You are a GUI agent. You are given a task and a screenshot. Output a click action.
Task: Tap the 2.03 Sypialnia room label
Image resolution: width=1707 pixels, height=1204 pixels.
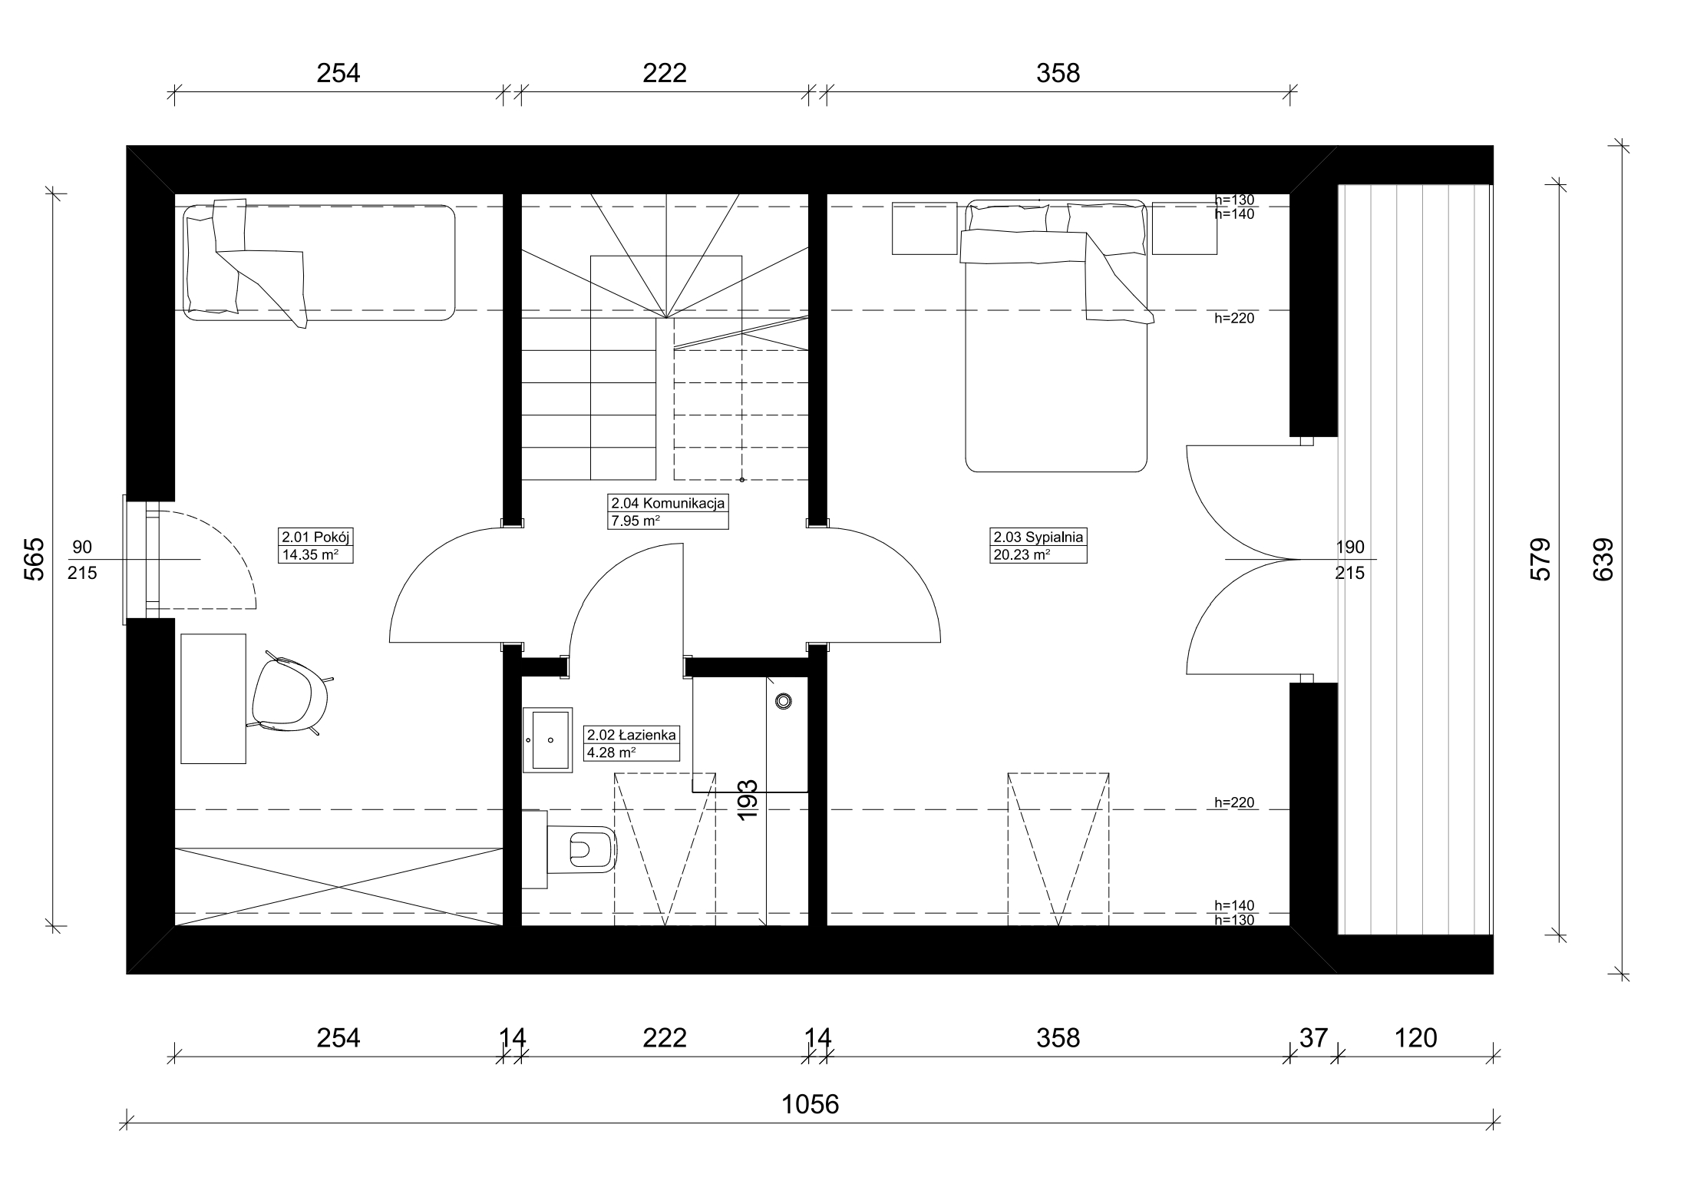1038,537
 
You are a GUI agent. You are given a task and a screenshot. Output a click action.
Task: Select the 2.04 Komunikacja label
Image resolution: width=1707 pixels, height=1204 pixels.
668,504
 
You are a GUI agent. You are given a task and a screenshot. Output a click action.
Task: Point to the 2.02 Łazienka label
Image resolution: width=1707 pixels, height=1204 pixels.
632,735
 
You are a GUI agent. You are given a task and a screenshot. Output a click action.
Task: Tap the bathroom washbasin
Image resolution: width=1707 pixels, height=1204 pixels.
547,739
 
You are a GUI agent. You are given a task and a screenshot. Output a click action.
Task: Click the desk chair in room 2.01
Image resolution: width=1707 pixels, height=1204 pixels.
291,694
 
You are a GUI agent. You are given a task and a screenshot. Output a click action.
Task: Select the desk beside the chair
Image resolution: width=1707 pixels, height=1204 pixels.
213,699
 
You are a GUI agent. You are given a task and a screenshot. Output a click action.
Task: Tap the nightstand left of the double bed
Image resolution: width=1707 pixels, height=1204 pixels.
924,228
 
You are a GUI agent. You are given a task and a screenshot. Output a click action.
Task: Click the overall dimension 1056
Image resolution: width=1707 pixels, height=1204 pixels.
811,1104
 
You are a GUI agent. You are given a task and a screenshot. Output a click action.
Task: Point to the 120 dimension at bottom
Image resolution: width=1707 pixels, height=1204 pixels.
1415,1038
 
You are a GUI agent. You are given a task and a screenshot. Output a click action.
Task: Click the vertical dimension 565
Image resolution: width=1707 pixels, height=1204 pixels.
35,559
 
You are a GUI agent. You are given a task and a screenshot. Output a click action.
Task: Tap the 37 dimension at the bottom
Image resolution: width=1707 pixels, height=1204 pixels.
1313,1038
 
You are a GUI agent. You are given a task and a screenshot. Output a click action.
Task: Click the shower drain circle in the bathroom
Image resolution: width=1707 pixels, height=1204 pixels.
784,701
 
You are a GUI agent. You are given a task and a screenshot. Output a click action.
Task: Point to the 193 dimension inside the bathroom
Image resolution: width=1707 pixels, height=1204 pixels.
747,799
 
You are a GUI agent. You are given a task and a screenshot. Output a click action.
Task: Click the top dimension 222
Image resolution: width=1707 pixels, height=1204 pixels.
665,73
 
